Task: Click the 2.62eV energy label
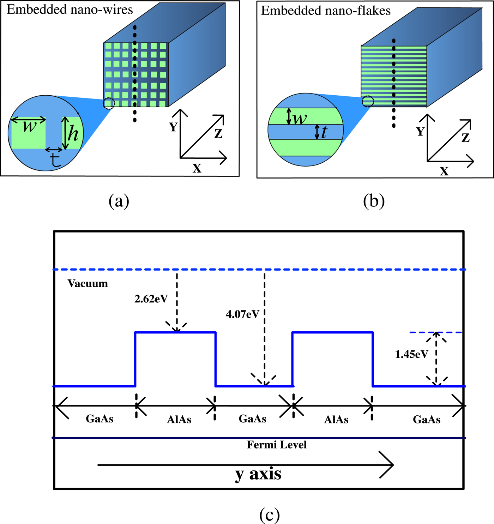pyautogui.click(x=151, y=299)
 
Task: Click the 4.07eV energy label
pyautogui.click(x=242, y=314)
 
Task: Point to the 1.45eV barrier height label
pyautogui.click(x=411, y=354)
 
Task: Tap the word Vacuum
pyautogui.click(x=88, y=284)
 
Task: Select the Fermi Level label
pyautogui.click(x=276, y=445)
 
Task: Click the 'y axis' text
pyautogui.click(x=258, y=474)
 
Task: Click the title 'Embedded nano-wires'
pyautogui.click(x=70, y=10)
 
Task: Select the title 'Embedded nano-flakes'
pyautogui.click(x=326, y=11)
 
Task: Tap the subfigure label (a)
pyautogui.click(x=119, y=201)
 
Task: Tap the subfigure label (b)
pyautogui.click(x=374, y=201)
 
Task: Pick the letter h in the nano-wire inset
pyautogui.click(x=73, y=134)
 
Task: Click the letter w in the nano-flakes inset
pyautogui.click(x=300, y=119)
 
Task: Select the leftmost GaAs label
pyautogui.click(x=100, y=419)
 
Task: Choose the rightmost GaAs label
pyautogui.click(x=427, y=420)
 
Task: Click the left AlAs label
pyautogui.click(x=179, y=420)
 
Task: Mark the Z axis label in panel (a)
pyautogui.click(x=218, y=133)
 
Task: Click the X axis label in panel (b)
pyautogui.click(x=444, y=171)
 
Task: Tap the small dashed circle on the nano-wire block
pyautogui.click(x=109, y=103)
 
